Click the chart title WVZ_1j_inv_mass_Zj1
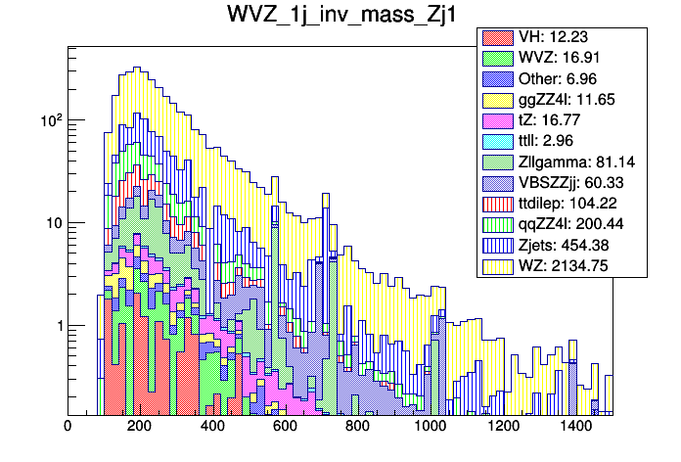coord(340,17)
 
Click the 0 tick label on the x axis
coord(68,428)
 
